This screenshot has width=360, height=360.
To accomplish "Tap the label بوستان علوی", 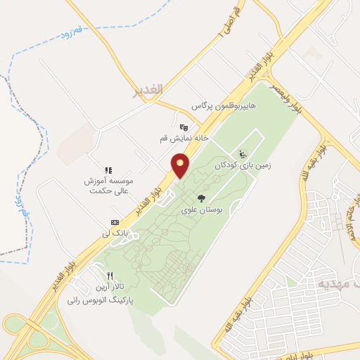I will tap(201, 210).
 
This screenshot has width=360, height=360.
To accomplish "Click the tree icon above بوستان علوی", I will tap(201, 198).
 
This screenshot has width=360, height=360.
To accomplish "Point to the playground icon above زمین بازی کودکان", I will tap(243, 155).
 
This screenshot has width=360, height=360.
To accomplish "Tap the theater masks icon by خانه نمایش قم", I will tap(184, 127).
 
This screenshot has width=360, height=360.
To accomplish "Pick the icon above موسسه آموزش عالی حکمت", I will tap(108, 170).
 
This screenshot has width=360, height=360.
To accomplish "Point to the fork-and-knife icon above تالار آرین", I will tap(109, 276).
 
